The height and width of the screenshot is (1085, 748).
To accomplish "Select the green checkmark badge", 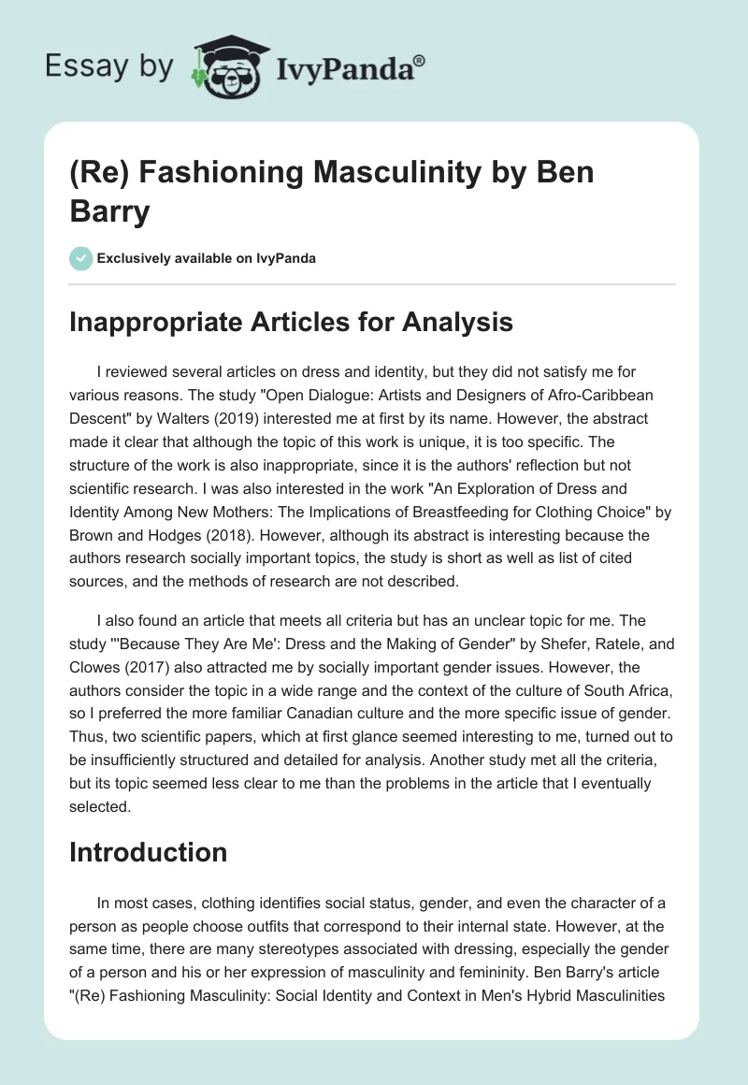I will pos(81,258).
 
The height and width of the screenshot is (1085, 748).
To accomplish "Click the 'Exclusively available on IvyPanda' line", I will pos(206,258).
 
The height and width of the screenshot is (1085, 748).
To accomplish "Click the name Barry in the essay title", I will pos(110,211).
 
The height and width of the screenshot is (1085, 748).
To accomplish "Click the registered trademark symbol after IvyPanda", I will pos(419,60).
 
